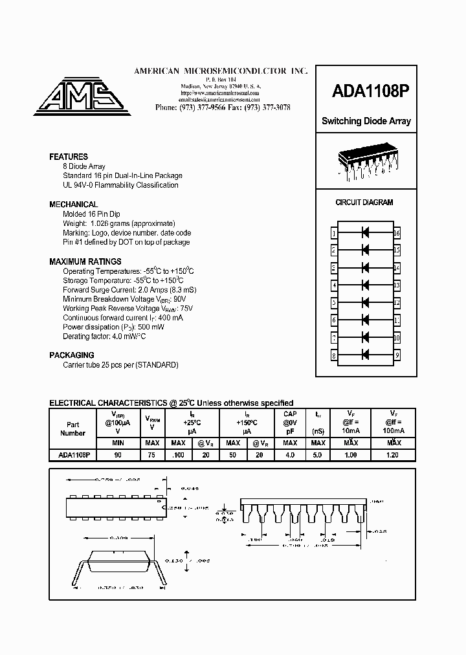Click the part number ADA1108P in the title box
(366, 91)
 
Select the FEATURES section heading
(69, 157)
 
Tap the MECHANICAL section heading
(74, 205)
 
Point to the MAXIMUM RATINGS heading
(85, 261)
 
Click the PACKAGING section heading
(72, 355)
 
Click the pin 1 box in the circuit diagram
(334, 232)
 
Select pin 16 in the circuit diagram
(397, 232)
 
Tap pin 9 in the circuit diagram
(397, 355)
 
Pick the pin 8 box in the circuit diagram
(334, 355)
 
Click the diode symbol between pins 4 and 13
(365, 285)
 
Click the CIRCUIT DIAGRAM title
(364, 203)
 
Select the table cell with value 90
(118, 455)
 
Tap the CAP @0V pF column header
(290, 423)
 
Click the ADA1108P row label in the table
(73, 455)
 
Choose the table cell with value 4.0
(290, 455)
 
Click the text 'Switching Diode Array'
(366, 122)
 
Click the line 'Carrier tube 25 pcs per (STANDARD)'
(120, 365)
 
